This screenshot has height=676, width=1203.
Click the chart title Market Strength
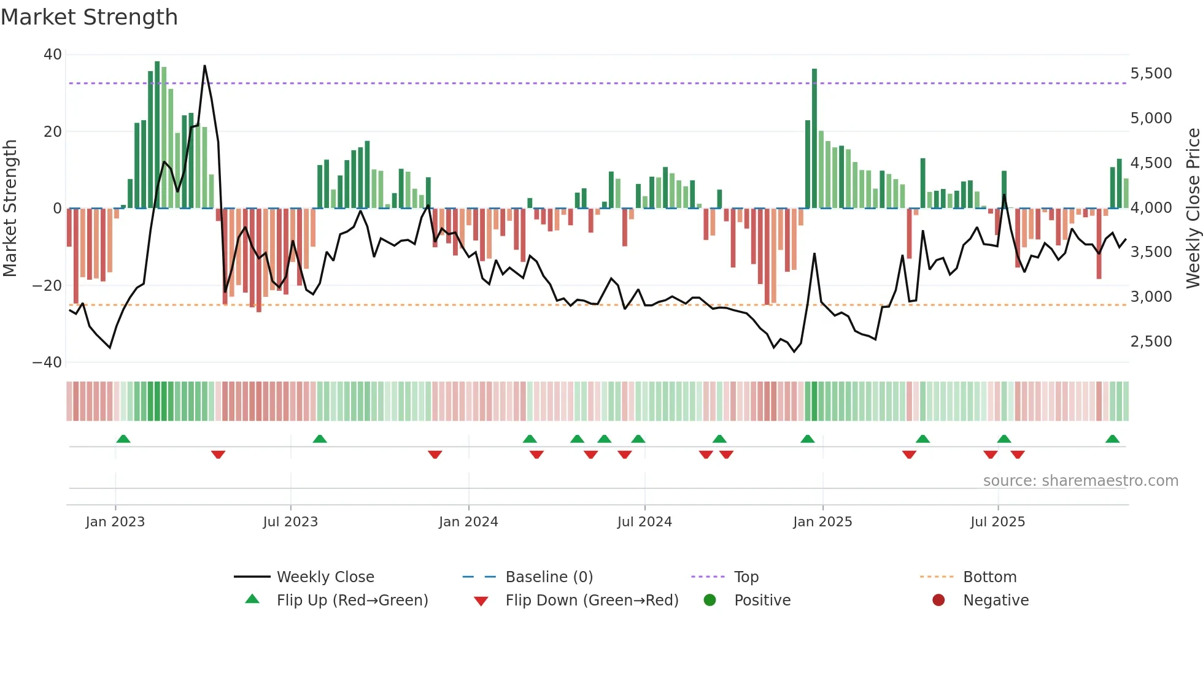pos(89,17)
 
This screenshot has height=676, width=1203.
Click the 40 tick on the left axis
pos(53,55)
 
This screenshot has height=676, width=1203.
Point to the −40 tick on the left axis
pos(47,363)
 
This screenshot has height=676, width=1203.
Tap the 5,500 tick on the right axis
pos(1151,74)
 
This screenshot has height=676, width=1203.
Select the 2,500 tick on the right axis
pos(1151,342)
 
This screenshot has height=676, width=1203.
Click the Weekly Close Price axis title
pos(1193,209)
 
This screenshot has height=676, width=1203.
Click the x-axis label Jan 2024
pos(468,522)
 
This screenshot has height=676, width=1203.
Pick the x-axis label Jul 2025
pos(997,522)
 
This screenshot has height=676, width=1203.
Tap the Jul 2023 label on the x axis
pos(290,522)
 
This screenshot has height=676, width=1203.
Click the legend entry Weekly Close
pos(325,577)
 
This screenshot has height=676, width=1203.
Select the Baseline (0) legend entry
pos(549,577)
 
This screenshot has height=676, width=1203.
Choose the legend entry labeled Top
pos(746,577)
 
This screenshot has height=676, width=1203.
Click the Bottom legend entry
pos(989,577)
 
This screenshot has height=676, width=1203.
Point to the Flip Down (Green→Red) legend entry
pos(592,601)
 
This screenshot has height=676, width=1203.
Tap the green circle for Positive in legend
pos(710,601)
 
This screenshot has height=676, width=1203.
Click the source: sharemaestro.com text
pos(1080,481)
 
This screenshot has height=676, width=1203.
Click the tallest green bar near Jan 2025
pos(814,138)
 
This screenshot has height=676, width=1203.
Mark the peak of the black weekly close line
pos(204,66)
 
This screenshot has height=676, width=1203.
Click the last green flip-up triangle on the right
pos(1112,439)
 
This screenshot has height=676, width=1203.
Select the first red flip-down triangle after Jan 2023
pos(218,455)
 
